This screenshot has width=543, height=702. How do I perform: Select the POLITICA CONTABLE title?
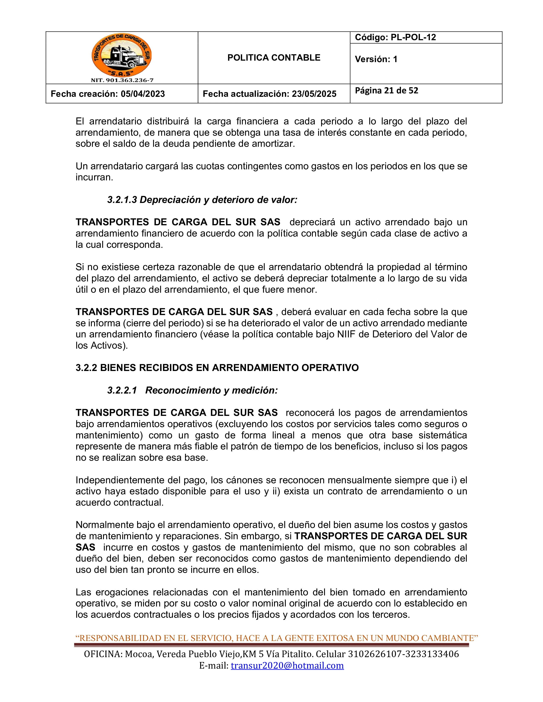point(274,58)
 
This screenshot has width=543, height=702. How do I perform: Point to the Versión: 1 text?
point(376,59)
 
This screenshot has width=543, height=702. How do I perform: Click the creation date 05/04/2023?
point(143,94)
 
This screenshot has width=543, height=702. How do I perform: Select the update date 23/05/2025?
point(314,94)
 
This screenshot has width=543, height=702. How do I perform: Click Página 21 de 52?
point(386,91)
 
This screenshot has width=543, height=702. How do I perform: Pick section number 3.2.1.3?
point(122,200)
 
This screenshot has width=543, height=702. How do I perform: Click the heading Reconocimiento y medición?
point(211,390)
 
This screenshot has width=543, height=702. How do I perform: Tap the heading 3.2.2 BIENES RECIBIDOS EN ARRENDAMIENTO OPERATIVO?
point(217,368)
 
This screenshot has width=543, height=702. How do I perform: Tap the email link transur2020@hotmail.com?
point(287,665)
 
